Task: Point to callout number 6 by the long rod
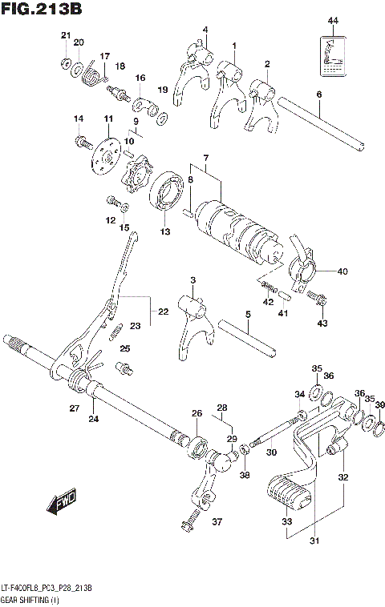[318, 94]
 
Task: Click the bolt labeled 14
[83, 143]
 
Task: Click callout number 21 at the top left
[65, 34]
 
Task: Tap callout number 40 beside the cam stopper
[342, 271]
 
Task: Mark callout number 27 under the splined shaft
[73, 409]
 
